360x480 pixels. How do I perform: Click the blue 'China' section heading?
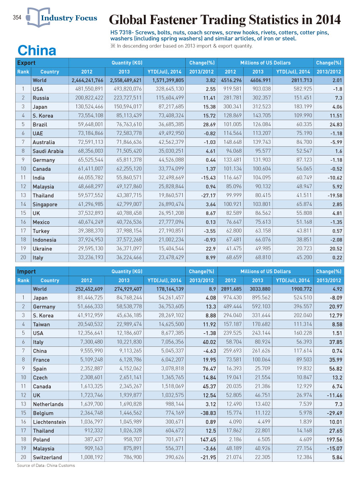(x=37, y=50)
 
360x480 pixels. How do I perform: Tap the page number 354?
(x=17, y=17)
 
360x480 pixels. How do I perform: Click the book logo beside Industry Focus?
(x=38, y=17)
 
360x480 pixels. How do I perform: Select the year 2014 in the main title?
(x=328, y=19)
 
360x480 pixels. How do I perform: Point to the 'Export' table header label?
(x=26, y=63)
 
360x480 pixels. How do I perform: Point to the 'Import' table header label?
(x=26, y=272)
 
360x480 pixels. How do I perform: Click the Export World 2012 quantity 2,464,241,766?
(x=88, y=80)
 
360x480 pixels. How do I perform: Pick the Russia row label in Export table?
(x=41, y=98)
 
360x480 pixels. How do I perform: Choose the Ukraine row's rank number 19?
(x=23, y=249)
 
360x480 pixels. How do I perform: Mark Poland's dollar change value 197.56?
(x=334, y=439)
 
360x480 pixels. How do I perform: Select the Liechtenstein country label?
(x=49, y=422)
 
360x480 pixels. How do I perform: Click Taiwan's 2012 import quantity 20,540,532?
(x=90, y=324)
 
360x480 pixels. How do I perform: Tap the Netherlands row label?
(x=48, y=404)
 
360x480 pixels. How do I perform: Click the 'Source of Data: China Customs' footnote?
(x=46, y=465)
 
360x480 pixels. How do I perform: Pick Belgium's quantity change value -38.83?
(x=208, y=413)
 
